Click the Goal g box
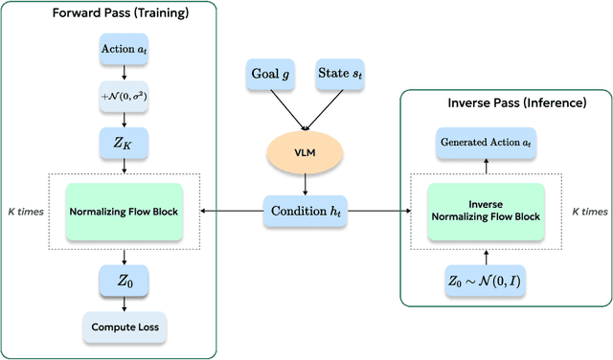coord(273,73)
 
